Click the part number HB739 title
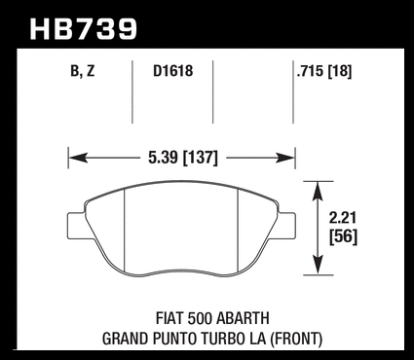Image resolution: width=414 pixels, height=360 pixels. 84,29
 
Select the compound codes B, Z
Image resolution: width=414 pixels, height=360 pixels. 83,71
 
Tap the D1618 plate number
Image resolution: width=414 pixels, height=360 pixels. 173,71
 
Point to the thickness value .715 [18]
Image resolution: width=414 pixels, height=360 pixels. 324,71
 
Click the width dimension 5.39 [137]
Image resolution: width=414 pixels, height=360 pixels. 183,158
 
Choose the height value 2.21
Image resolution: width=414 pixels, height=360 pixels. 343,218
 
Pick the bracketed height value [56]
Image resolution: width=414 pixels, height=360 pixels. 343,236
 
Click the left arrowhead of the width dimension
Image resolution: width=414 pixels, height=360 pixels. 79,159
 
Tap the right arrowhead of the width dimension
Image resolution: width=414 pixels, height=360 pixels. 284,159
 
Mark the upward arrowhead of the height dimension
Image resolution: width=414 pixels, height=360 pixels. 319,192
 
